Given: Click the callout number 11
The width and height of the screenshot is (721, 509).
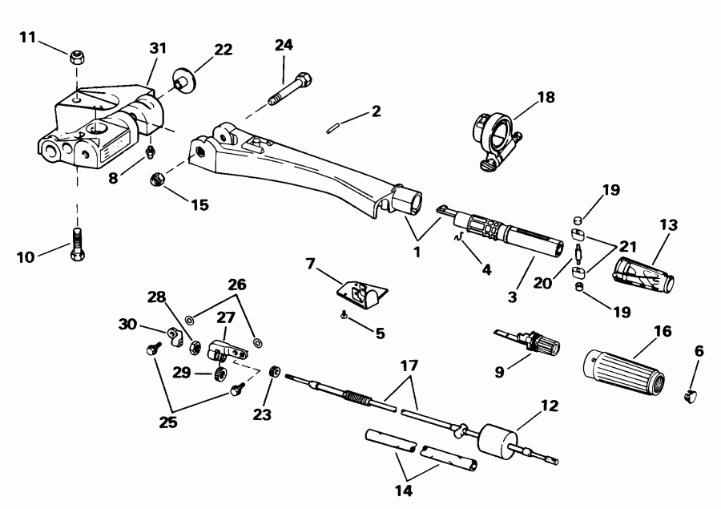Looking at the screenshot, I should [x=28, y=37].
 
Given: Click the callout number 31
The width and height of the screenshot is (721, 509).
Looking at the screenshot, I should [x=157, y=48].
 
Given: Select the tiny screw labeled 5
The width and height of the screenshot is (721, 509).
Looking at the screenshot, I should [x=343, y=315].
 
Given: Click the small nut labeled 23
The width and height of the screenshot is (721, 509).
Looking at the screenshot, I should [x=275, y=370].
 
